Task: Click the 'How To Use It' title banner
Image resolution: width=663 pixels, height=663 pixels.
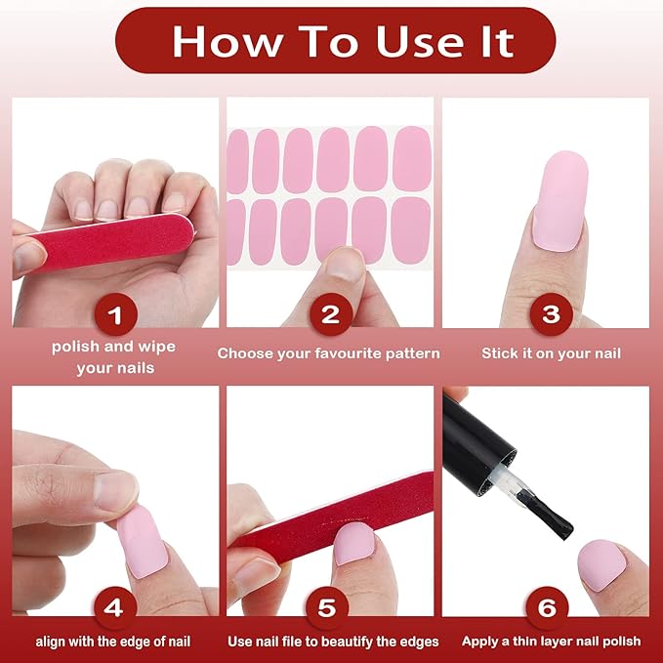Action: pos(335,41)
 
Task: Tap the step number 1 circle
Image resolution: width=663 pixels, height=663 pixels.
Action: pos(115,314)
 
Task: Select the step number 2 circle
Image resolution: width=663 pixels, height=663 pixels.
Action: pos(331,314)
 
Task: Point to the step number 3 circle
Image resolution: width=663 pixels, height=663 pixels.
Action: pos(551,314)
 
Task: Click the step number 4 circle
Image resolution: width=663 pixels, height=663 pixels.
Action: pos(115,608)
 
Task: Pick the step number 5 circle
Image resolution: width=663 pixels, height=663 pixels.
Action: pos(327,608)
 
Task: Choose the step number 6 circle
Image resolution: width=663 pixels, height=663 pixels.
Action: pos(547,608)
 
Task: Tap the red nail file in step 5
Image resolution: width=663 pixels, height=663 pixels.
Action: pos(334,517)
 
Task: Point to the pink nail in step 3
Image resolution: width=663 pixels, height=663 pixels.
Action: pos(559,201)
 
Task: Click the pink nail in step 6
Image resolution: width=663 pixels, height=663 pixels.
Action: pos(601,565)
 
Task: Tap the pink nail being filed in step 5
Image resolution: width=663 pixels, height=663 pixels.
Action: pos(354,543)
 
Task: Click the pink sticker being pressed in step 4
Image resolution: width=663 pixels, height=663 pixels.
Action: pos(143,542)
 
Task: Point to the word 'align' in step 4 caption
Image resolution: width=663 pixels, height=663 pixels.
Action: pos(50,642)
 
